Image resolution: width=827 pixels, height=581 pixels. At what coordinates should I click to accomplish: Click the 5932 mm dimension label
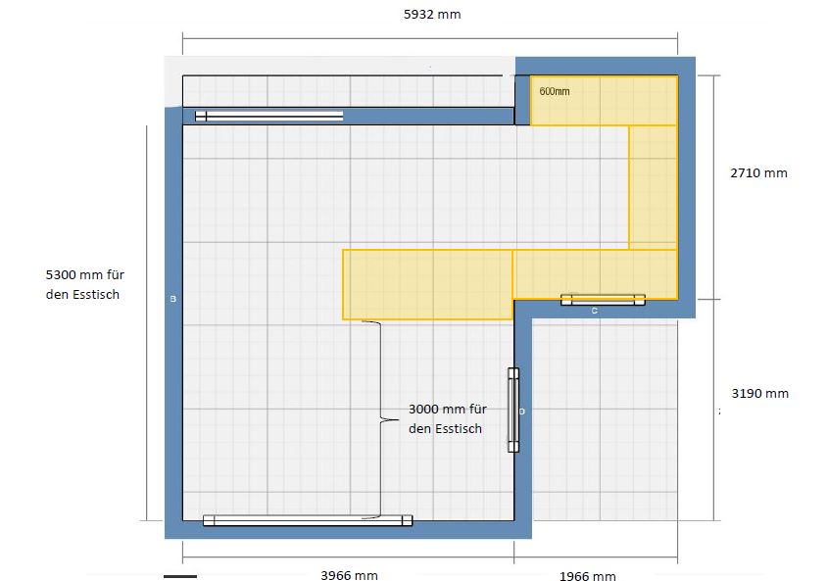[x=432, y=15]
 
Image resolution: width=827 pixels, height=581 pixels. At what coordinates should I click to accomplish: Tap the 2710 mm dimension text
[x=758, y=173]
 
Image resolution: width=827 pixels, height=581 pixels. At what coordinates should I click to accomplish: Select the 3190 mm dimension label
[x=759, y=393]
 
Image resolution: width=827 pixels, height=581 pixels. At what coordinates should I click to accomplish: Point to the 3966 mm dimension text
[x=349, y=575]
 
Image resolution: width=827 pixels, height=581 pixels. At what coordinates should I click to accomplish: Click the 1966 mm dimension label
[x=588, y=576]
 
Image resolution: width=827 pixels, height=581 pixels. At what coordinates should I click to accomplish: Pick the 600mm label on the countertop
[x=555, y=91]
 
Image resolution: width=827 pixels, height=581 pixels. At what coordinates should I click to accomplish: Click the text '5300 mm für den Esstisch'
[x=85, y=284]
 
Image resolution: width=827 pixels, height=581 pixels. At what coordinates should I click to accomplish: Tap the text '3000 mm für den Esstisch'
[x=448, y=418]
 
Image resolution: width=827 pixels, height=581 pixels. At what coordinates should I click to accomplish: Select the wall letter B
[x=173, y=299]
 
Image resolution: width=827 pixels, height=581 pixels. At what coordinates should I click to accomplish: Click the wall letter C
[x=595, y=311]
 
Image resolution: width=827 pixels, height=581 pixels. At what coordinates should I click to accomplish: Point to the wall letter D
[x=522, y=412]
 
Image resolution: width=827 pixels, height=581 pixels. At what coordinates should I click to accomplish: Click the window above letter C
[x=603, y=300]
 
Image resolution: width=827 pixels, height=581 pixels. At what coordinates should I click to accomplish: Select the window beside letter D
[x=513, y=411]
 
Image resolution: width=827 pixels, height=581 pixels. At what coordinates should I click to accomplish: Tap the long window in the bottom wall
[x=308, y=521]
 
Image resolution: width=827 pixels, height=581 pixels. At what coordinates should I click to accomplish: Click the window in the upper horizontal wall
[x=269, y=116]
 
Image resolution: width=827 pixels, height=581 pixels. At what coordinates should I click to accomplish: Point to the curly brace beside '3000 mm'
[x=380, y=419]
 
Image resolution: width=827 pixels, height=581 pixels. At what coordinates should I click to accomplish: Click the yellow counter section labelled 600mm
[x=604, y=101]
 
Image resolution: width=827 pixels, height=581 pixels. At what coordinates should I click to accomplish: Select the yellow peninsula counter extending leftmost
[x=428, y=285]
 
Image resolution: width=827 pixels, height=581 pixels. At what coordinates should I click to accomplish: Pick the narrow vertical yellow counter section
[x=653, y=187]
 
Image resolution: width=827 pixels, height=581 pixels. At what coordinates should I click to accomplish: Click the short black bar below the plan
[x=180, y=576]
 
